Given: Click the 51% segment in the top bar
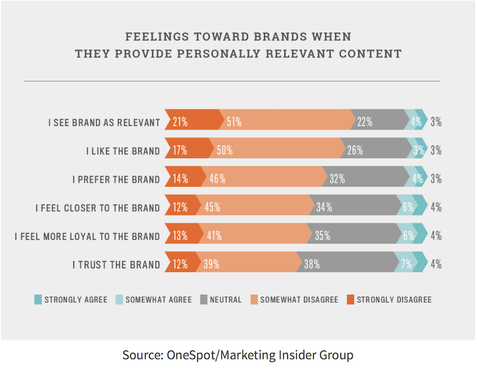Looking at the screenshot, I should tap(286, 122).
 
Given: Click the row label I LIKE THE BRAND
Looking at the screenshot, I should tap(123, 151).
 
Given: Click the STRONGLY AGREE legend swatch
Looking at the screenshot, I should tap(37, 300).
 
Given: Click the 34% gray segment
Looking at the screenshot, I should tap(355, 207).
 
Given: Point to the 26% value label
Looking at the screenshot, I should tap(355, 150).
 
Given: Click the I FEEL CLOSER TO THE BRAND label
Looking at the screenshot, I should tap(97, 208).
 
